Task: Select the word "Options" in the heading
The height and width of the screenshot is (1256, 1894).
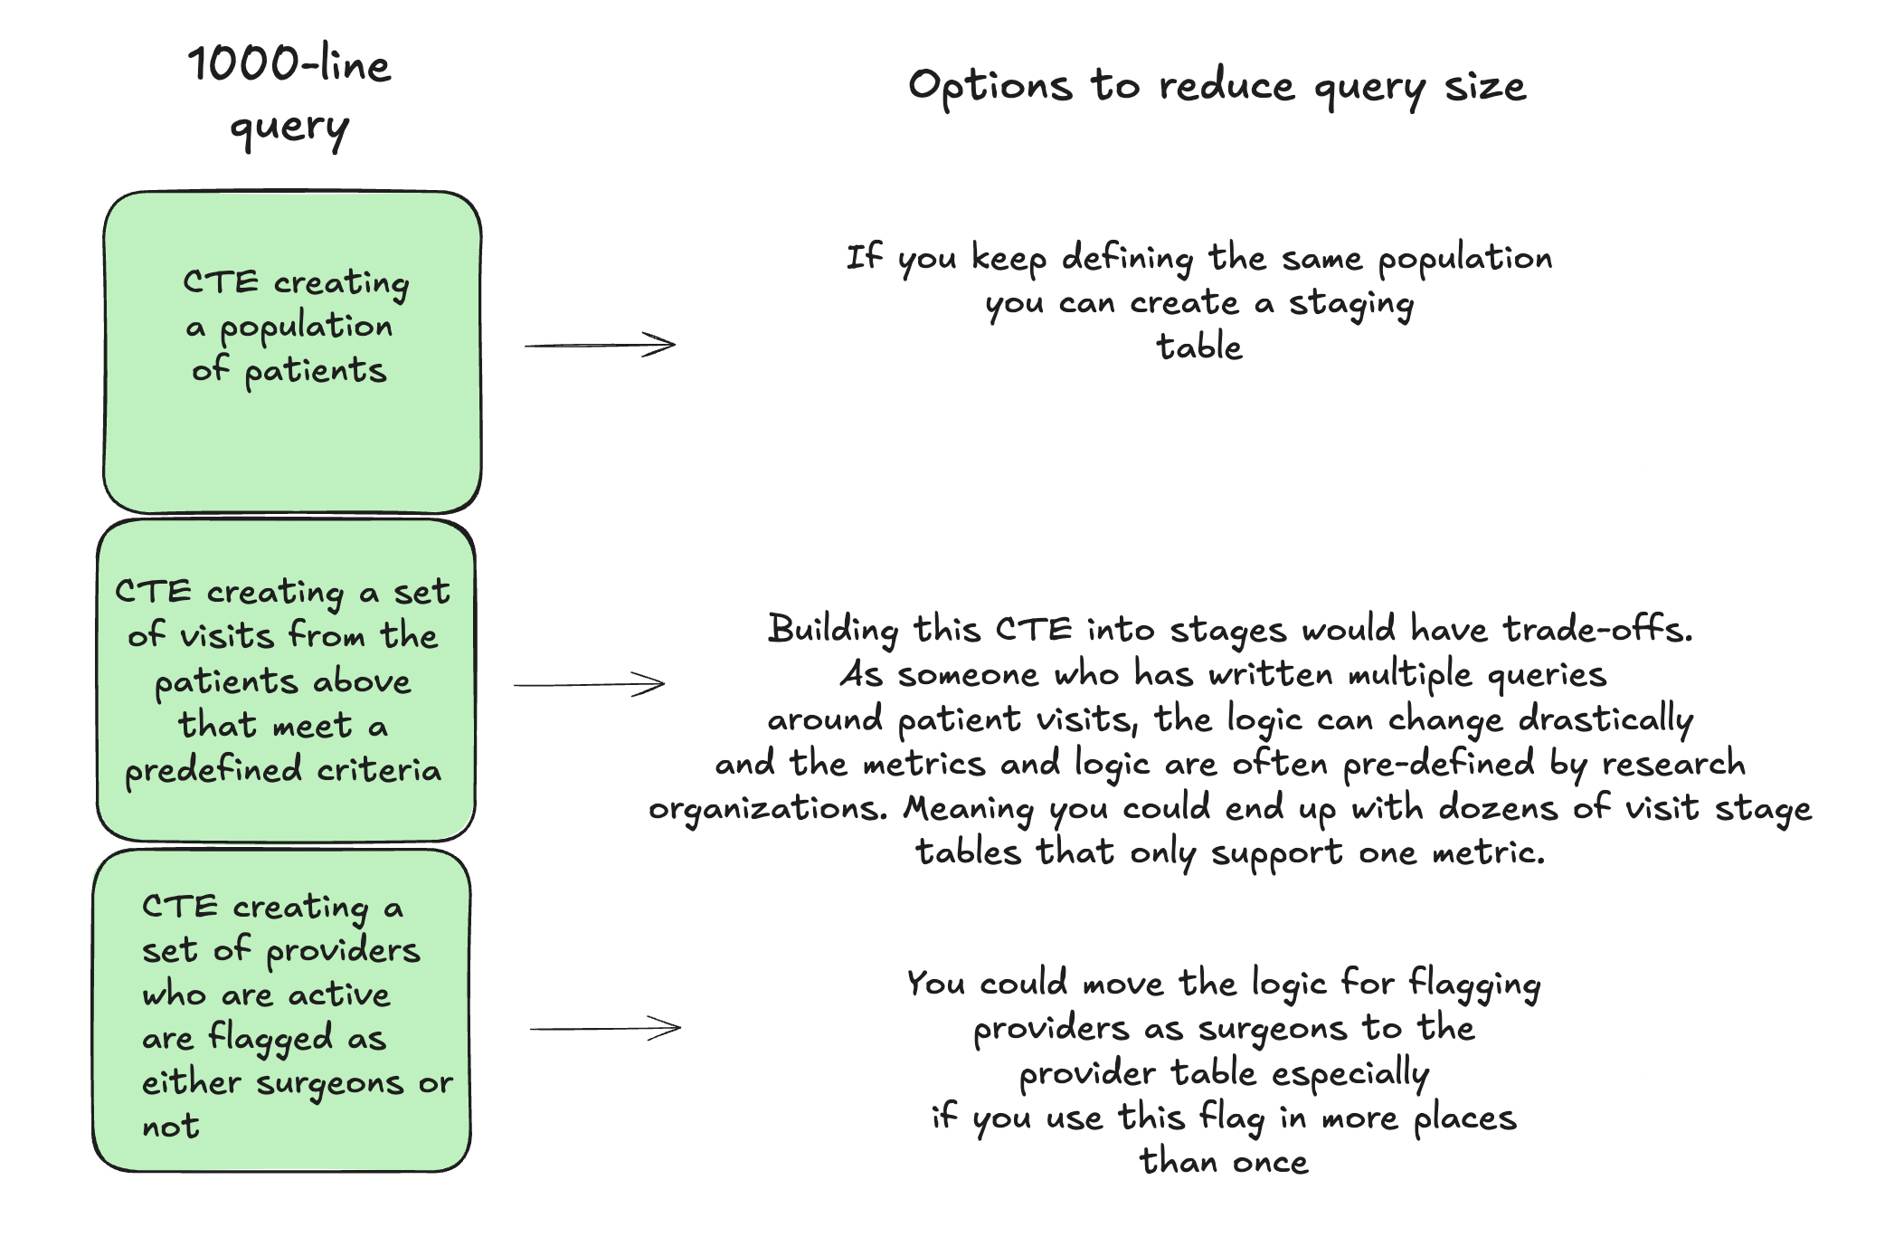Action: [990, 87]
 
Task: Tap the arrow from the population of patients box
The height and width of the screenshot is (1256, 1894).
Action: [600, 345]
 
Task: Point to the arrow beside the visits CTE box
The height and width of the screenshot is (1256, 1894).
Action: [589, 684]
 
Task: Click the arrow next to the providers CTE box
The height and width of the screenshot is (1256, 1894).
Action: [605, 1028]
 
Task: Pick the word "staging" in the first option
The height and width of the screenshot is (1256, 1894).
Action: [1350, 305]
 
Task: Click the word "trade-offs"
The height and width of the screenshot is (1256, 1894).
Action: [1597, 629]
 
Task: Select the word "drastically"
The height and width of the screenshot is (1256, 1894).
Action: [1605, 720]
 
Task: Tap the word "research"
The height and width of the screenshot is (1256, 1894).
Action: [1673, 764]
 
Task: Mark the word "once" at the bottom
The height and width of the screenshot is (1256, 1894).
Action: [1270, 1162]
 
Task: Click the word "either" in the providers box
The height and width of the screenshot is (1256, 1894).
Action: [192, 1082]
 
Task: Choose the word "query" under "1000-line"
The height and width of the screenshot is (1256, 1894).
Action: [289, 129]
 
